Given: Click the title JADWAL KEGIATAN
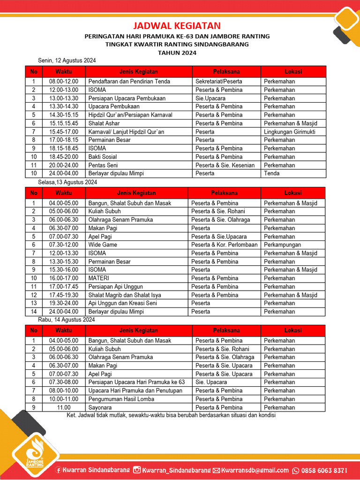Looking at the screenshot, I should [177, 26].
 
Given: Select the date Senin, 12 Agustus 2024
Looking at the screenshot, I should [67, 60].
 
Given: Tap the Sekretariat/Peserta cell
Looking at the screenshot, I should [219, 82].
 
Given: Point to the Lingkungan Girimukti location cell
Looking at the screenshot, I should [289, 132].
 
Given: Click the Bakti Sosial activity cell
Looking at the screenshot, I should [103, 157].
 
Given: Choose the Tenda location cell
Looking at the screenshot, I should [272, 173].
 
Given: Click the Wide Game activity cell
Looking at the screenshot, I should [103, 245].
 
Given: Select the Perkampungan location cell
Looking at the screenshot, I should [282, 245].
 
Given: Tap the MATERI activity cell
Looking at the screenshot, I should [99, 278].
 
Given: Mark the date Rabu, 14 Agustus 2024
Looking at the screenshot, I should [67, 320].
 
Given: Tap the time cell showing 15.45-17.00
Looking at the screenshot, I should [64, 132].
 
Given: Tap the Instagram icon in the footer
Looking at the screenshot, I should [137, 470].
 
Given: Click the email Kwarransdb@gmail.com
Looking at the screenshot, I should [255, 470].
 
